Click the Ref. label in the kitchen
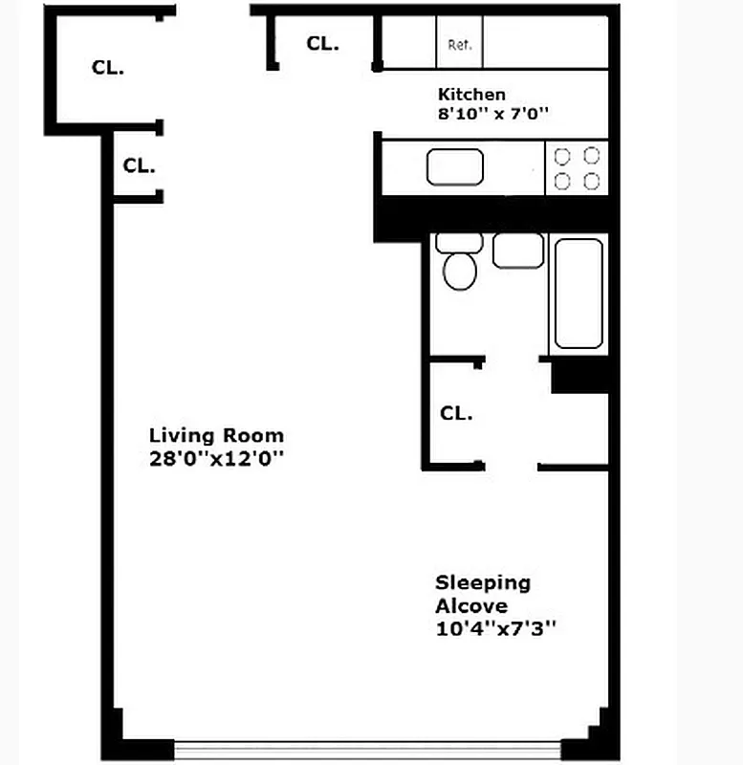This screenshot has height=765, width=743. coord(460,45)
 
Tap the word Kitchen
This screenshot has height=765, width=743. coord(471,95)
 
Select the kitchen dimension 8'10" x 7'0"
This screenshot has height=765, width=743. coord(492,113)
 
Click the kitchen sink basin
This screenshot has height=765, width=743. coord(455,167)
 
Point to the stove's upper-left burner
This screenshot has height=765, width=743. coord(562,156)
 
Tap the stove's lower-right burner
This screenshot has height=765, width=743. coord(592,181)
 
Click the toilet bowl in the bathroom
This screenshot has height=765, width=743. coord(460,271)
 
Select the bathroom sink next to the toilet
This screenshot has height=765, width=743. coord(518,251)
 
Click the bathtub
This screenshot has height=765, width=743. coord(579,293)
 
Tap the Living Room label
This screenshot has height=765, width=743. coord(216,436)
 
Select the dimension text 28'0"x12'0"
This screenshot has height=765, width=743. coord(217,458)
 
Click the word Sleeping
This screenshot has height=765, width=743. coord(483,582)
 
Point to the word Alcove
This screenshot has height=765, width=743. coord(471,605)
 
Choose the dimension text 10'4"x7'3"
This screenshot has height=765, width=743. coord(496,628)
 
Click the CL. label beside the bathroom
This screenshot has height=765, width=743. coord(456,414)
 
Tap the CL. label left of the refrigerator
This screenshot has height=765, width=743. coord(322,44)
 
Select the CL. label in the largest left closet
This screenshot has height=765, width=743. coord(108,68)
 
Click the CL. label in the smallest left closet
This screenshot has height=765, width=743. coord(139,165)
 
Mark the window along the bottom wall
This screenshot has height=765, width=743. coord(367,747)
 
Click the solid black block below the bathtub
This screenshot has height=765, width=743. coord(580,375)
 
